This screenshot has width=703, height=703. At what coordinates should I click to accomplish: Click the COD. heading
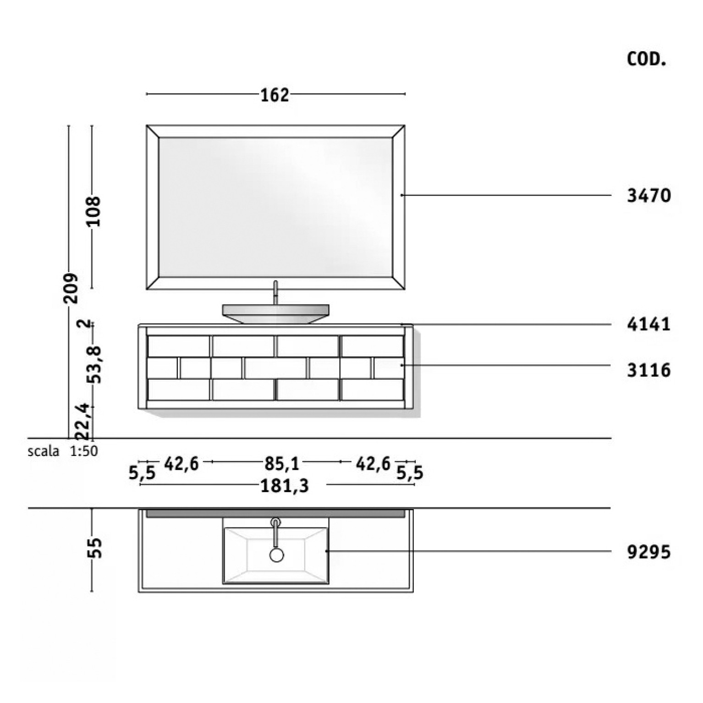(x=646, y=60)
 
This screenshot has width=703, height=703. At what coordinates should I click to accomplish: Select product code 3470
(x=648, y=196)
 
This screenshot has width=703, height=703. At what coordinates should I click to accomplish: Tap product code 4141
(x=648, y=324)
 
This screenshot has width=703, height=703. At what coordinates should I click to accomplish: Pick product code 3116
(x=648, y=370)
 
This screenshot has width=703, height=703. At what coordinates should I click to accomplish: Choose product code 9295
(x=648, y=552)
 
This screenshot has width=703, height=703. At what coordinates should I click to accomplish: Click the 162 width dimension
(x=275, y=95)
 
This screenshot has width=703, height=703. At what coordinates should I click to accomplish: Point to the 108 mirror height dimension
(x=93, y=211)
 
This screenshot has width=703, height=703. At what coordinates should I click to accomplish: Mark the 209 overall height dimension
(x=71, y=288)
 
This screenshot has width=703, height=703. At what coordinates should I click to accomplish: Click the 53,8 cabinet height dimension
(x=94, y=364)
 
